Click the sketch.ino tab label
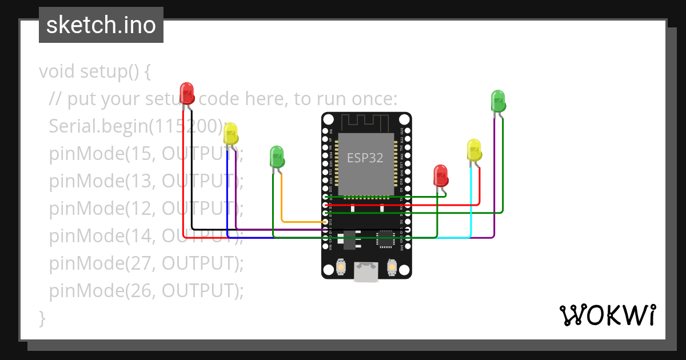pos(101,25)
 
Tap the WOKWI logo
pos(607,315)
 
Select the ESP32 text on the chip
pos(365,158)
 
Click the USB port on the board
pos(366,273)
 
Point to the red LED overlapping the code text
pos(187,93)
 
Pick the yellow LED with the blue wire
pos(230,134)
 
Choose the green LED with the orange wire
pos(277,156)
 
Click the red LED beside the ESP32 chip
pos(440,175)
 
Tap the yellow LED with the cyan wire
pos(474,150)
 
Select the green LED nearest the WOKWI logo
pos(498,101)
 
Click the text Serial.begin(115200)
pos(134,126)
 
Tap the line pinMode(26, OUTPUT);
pos(146,291)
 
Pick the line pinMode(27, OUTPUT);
pos(146,263)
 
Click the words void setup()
pos(89,71)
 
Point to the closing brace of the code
pos(42,318)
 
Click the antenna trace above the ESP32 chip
pos(365,122)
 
